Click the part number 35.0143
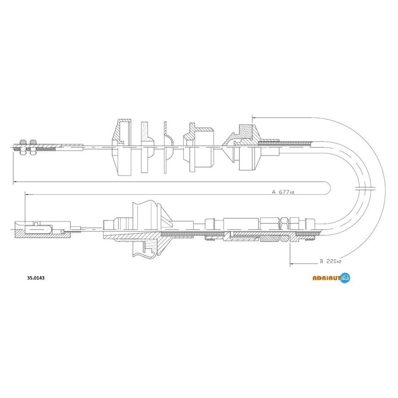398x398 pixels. (36, 278)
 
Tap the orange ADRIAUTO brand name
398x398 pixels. (326, 279)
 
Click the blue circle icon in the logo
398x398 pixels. (345, 278)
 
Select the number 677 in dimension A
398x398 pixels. (284, 192)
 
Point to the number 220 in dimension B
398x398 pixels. (331, 261)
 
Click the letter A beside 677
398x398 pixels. (274, 192)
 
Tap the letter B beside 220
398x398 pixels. (321, 261)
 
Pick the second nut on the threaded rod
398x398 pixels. (33, 147)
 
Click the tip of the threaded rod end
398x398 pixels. (12, 147)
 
